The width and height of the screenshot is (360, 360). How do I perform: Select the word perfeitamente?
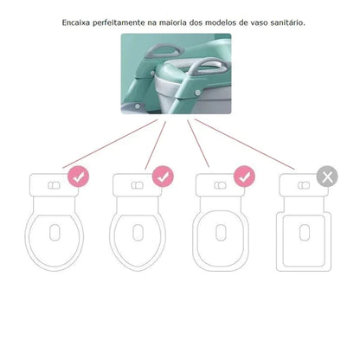pyautogui.click(x=119, y=22)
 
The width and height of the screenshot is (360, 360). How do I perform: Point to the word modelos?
pyautogui.click(x=221, y=22)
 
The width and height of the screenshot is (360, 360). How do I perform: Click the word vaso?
pyautogui.click(x=258, y=22)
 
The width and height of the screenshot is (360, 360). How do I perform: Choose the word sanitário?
pyautogui.click(x=287, y=22)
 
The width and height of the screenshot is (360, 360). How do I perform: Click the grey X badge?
pyautogui.click(x=327, y=177)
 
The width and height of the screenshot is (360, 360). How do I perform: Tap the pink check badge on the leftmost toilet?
pyautogui.click(x=79, y=177)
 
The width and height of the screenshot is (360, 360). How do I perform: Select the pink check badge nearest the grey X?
pyautogui.click(x=244, y=177)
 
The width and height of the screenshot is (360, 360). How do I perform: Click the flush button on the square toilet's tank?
pyautogui.click(x=304, y=185)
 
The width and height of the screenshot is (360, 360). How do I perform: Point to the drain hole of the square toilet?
pyautogui.click(x=305, y=233)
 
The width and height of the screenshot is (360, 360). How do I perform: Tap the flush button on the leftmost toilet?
pyautogui.click(x=55, y=185)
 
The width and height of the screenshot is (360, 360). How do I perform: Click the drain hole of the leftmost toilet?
pyautogui.click(x=55, y=233)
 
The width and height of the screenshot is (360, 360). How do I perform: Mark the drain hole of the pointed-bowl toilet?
pyautogui.click(x=138, y=233)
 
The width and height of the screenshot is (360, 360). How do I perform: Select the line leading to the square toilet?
pyautogui.click(x=245, y=145)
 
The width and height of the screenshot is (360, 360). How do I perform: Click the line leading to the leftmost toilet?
pyautogui.click(x=110, y=144)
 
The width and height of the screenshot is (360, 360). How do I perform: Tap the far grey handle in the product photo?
pyautogui.click(x=164, y=51)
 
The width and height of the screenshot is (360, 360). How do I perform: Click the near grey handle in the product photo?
pyautogui.click(x=207, y=67)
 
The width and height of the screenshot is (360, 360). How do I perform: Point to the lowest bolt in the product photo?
pyautogui.click(x=138, y=106)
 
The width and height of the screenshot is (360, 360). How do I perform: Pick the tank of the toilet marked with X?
pyautogui.click(x=304, y=185)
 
